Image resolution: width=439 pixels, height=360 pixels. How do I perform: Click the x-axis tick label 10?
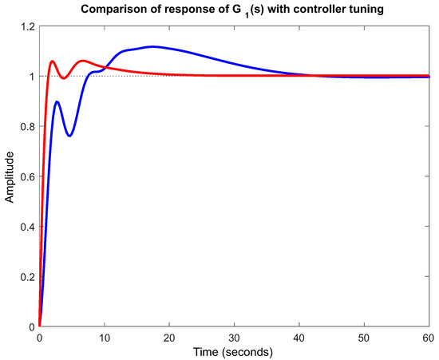[x=104, y=338]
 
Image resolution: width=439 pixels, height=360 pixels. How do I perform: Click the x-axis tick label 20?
[x=169, y=338]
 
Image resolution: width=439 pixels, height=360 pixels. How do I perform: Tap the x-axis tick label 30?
[x=235, y=338]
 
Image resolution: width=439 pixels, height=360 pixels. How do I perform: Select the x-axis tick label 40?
[x=300, y=338]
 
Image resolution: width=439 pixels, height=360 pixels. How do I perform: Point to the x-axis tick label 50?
[x=365, y=338]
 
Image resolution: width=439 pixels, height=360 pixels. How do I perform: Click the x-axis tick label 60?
[x=429, y=338]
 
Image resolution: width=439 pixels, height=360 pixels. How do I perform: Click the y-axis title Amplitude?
[x=10, y=176]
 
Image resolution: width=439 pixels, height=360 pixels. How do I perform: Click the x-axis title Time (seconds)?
[x=235, y=351]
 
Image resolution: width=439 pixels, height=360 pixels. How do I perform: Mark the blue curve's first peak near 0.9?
[x=57, y=102]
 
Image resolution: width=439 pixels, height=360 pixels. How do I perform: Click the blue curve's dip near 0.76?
[x=69, y=136]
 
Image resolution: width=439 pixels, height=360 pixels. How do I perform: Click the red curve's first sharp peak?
[x=52, y=61]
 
